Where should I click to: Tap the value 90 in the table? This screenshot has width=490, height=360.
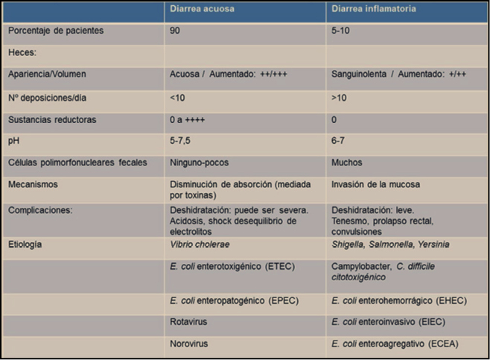coord(176,31)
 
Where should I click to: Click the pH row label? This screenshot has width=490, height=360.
coord(13,140)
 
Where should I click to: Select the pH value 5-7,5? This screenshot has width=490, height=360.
coord(181,140)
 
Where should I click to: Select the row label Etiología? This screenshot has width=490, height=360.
coord(25,243)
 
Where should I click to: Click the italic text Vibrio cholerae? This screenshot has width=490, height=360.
coord(199,243)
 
